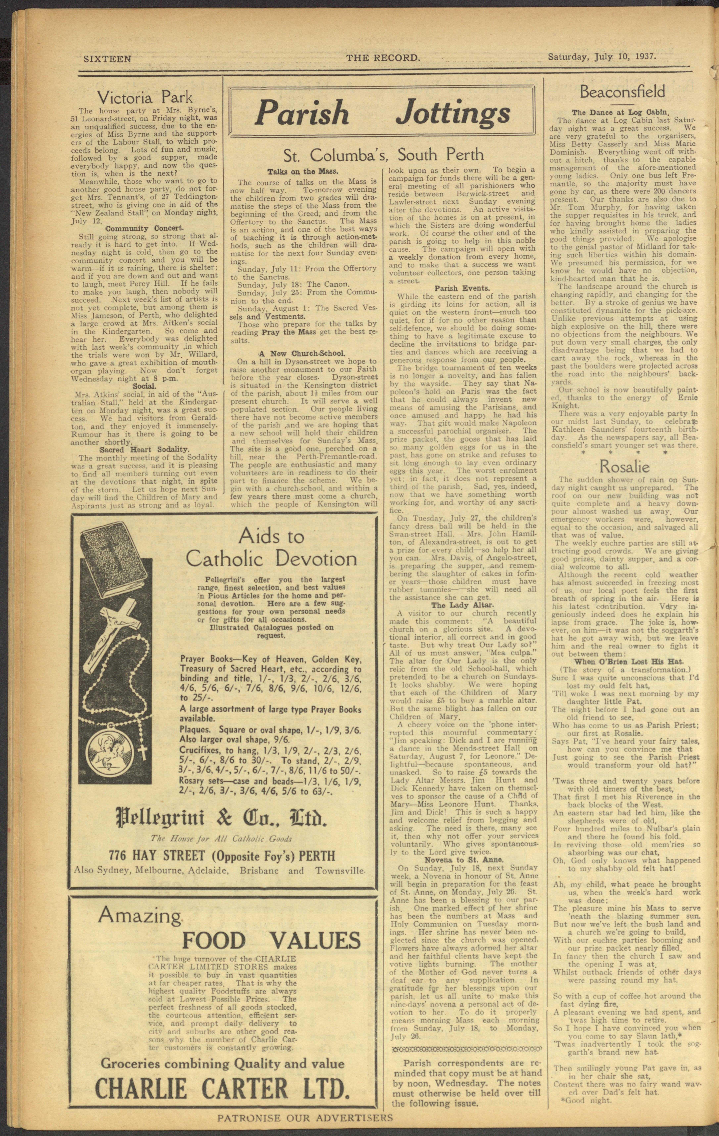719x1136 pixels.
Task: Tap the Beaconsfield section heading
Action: point(622,91)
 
